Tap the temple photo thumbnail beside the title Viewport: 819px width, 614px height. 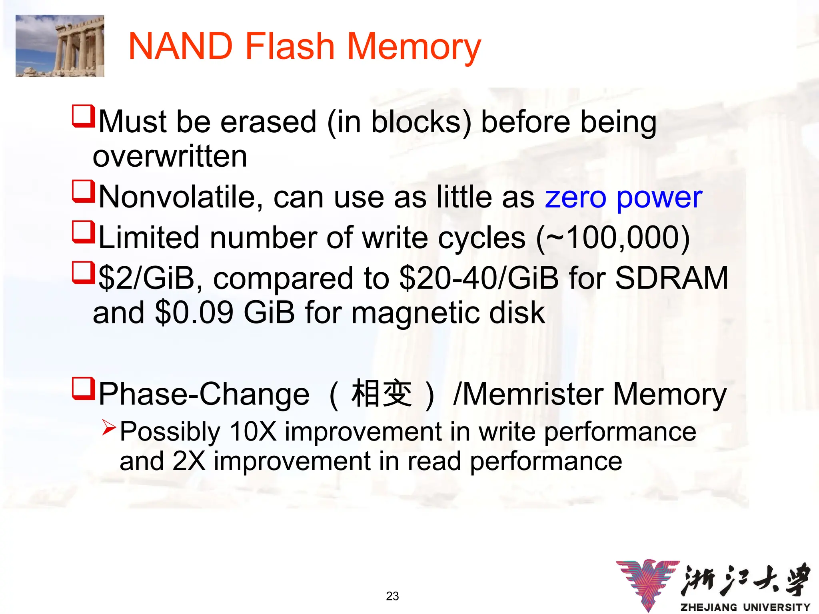(x=60, y=46)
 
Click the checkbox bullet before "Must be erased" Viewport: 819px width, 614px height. (x=83, y=116)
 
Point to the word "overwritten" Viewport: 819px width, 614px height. (x=170, y=156)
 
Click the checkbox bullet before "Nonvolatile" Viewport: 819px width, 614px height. (x=83, y=191)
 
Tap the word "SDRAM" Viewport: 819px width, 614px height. (x=671, y=278)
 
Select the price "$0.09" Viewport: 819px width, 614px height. (x=194, y=313)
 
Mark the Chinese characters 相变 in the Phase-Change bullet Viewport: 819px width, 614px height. (x=381, y=394)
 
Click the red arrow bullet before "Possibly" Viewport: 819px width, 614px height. (x=109, y=428)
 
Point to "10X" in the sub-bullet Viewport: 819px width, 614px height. (x=253, y=432)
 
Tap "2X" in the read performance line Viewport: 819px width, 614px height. (x=189, y=461)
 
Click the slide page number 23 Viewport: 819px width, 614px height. (x=392, y=596)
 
